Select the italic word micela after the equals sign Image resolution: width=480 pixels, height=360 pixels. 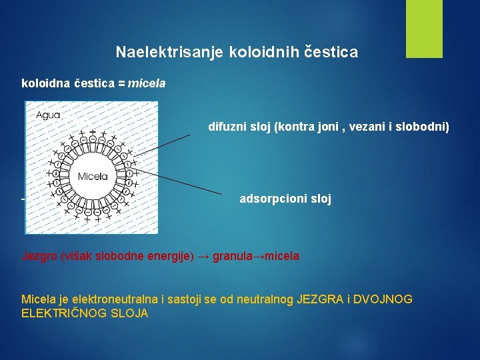pyautogui.click(x=147, y=85)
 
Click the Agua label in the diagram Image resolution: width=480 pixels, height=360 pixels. pyautogui.click(x=48, y=115)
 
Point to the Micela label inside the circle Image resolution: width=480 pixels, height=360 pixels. pyautogui.click(x=93, y=177)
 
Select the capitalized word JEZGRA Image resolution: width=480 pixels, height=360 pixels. pyautogui.click(x=317, y=299)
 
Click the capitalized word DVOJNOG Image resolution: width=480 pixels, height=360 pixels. pyautogui.click(x=384, y=299)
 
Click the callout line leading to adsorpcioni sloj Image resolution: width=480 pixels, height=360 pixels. pyautogui.click(x=180, y=182)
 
